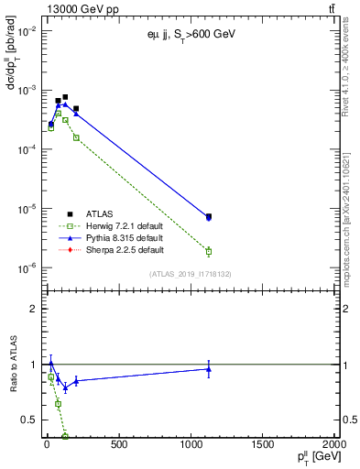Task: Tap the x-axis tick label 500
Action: point(118,445)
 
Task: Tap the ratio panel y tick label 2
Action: point(29,309)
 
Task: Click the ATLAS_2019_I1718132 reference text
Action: point(190,273)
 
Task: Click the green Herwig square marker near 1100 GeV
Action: point(209,251)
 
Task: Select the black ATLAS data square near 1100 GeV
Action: point(209,216)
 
